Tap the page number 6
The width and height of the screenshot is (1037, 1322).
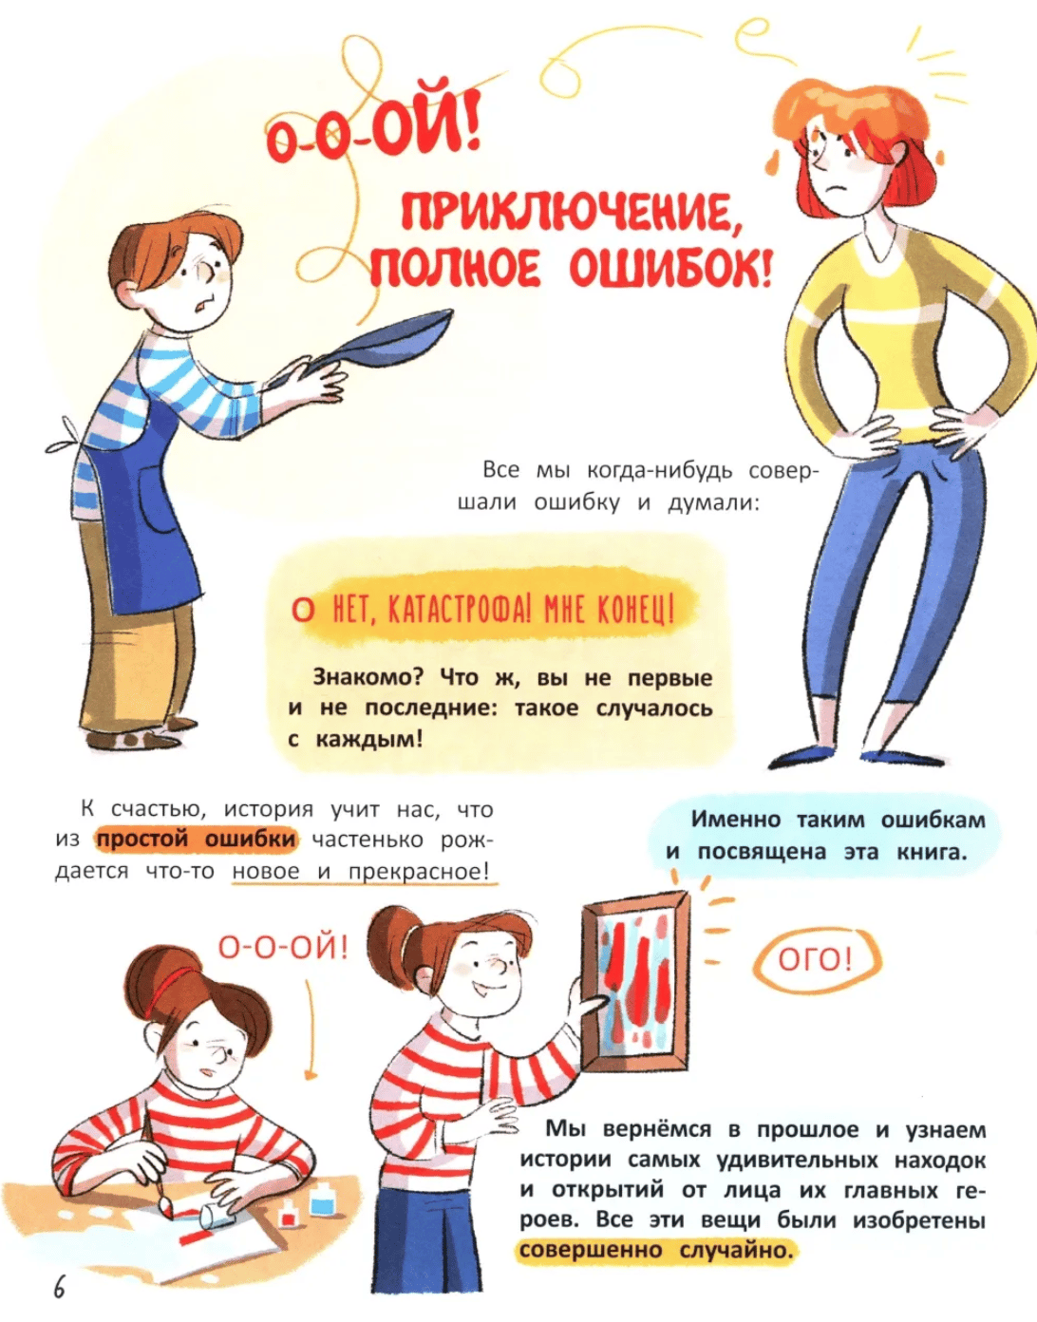pos(59,1288)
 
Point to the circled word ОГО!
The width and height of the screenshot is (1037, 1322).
pos(817,959)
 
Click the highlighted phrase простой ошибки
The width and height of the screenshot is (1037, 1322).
pos(198,840)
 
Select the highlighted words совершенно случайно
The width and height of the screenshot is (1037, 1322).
pos(657,1251)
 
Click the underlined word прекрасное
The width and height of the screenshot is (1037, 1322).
pos(419,871)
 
